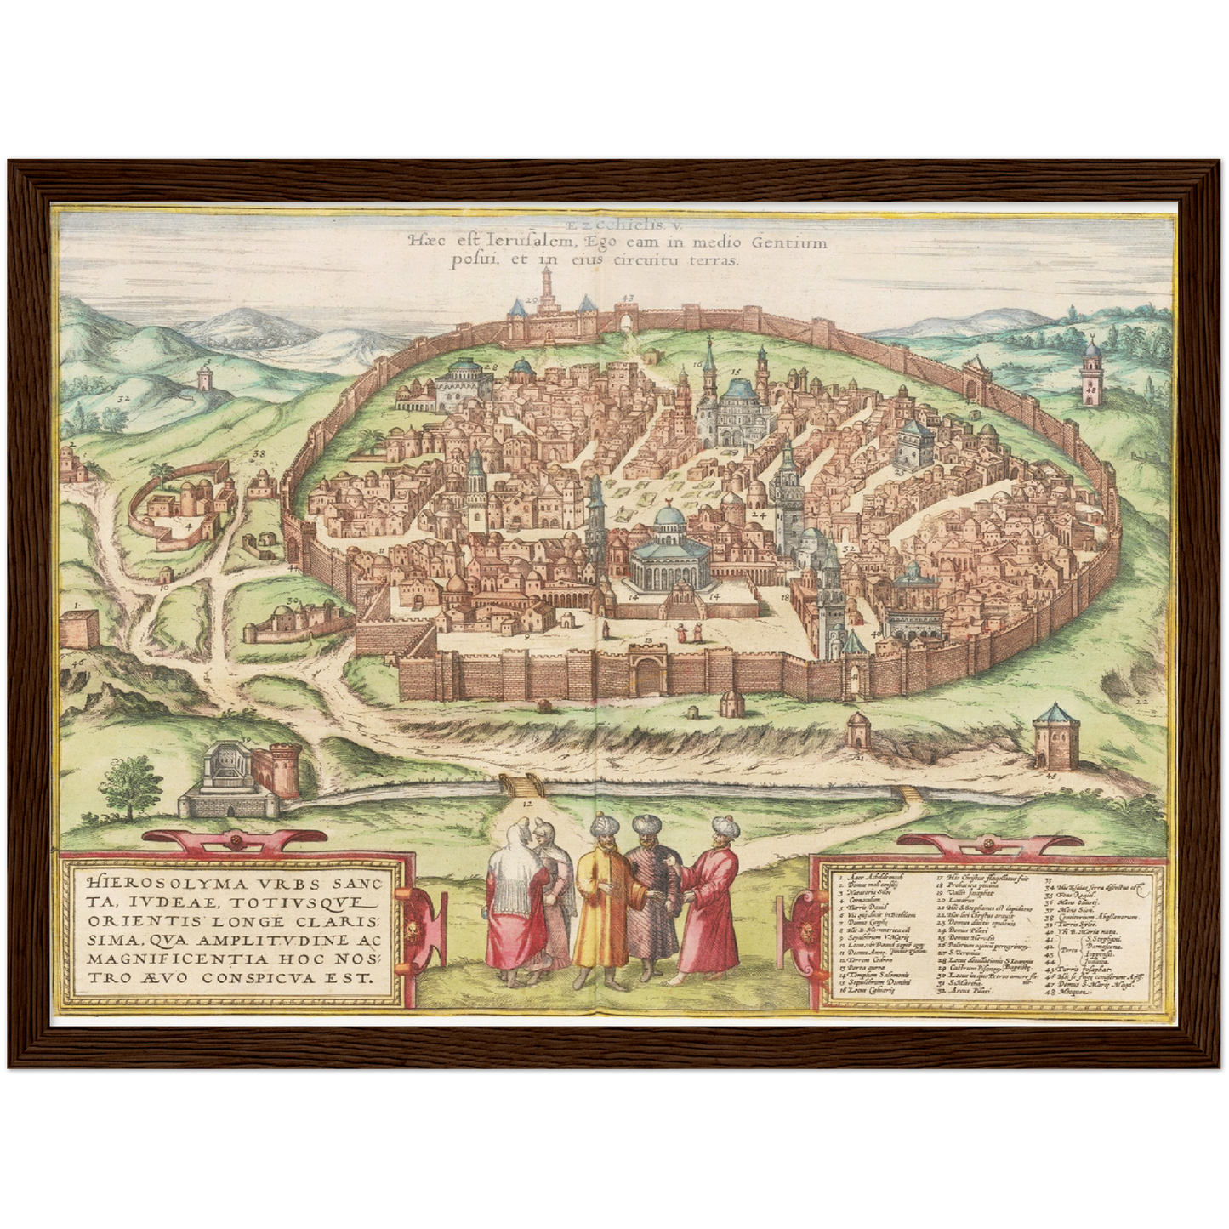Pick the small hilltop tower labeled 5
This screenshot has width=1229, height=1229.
click(204, 375)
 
